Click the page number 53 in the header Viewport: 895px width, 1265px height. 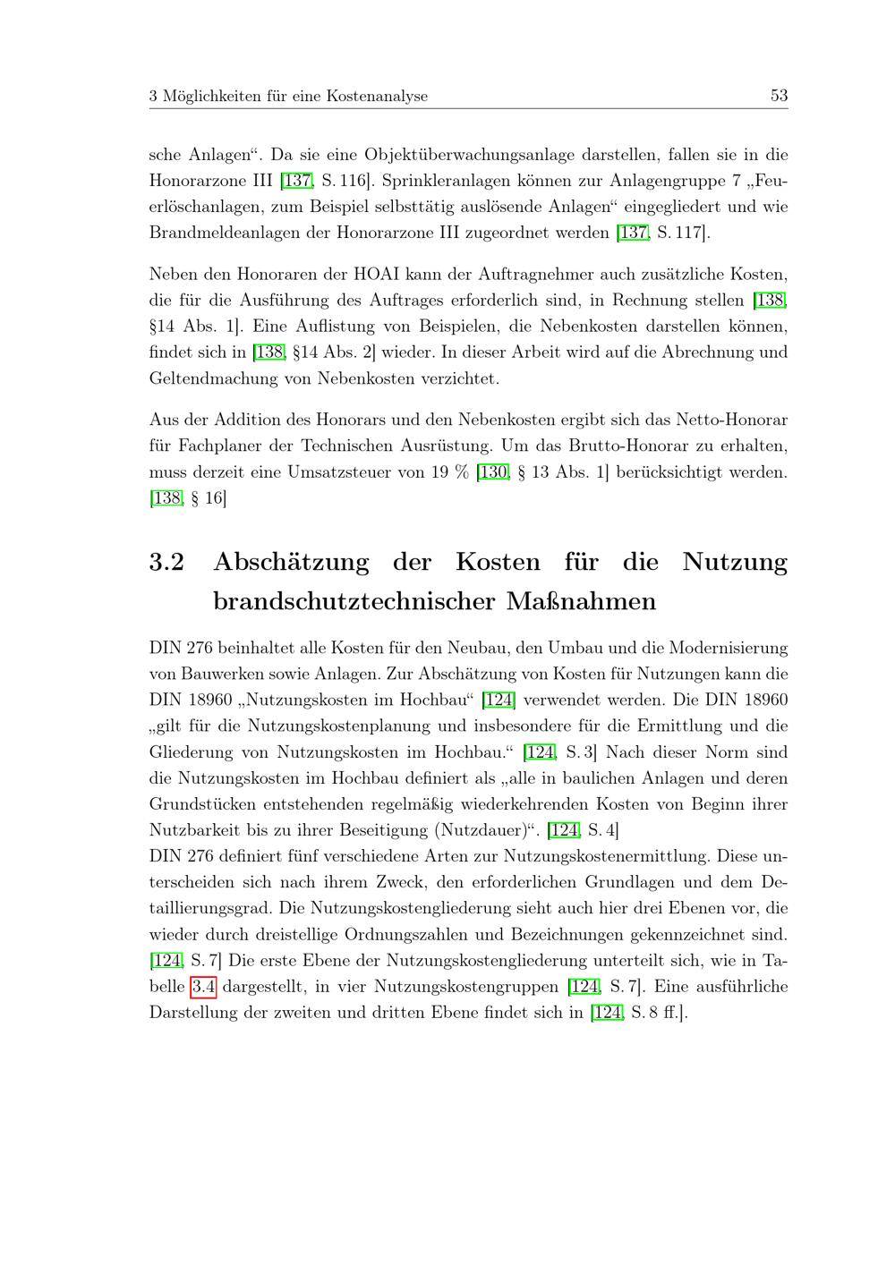[779, 96]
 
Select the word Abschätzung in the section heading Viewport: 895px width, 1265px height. [291, 562]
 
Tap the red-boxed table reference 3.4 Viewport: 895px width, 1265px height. [203, 987]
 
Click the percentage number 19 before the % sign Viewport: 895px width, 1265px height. [439, 471]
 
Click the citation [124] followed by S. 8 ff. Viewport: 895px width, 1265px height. [607, 1014]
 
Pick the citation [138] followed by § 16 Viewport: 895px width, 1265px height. [166, 498]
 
